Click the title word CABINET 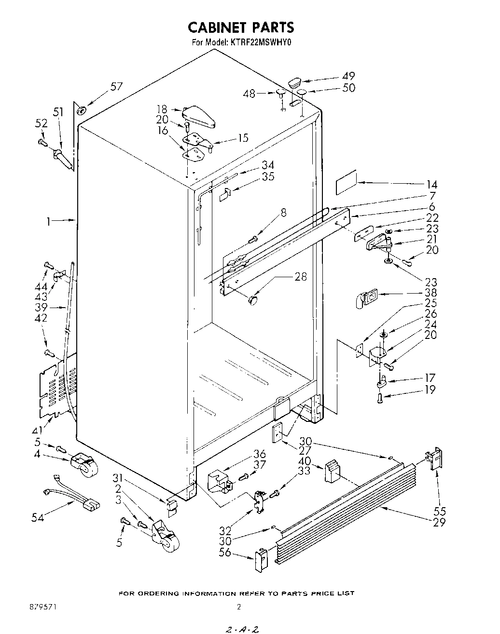point(217,27)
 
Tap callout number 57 point(116,87)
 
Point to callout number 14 point(432,184)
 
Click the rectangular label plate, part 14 point(346,181)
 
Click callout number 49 point(348,76)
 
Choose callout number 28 point(301,277)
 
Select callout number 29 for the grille point(439,522)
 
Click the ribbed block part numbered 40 point(333,471)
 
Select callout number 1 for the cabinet point(48,221)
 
